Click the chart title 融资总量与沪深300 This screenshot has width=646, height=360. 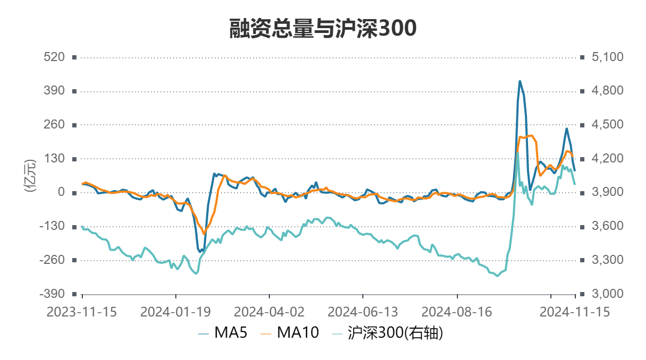coord(322,28)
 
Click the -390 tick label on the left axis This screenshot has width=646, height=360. coord(52,294)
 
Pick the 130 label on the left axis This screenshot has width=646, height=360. coord(56,158)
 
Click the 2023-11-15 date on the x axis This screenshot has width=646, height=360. coord(82,312)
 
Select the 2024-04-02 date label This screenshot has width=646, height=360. coord(269,312)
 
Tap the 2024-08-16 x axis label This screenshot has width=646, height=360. coord(457,312)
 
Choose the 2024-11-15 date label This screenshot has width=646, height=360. coord(575,312)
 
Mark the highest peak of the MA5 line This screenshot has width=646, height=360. coord(520,81)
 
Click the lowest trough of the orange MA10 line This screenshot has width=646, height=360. coord(203,234)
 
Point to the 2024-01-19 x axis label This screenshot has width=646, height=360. coord(175,312)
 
